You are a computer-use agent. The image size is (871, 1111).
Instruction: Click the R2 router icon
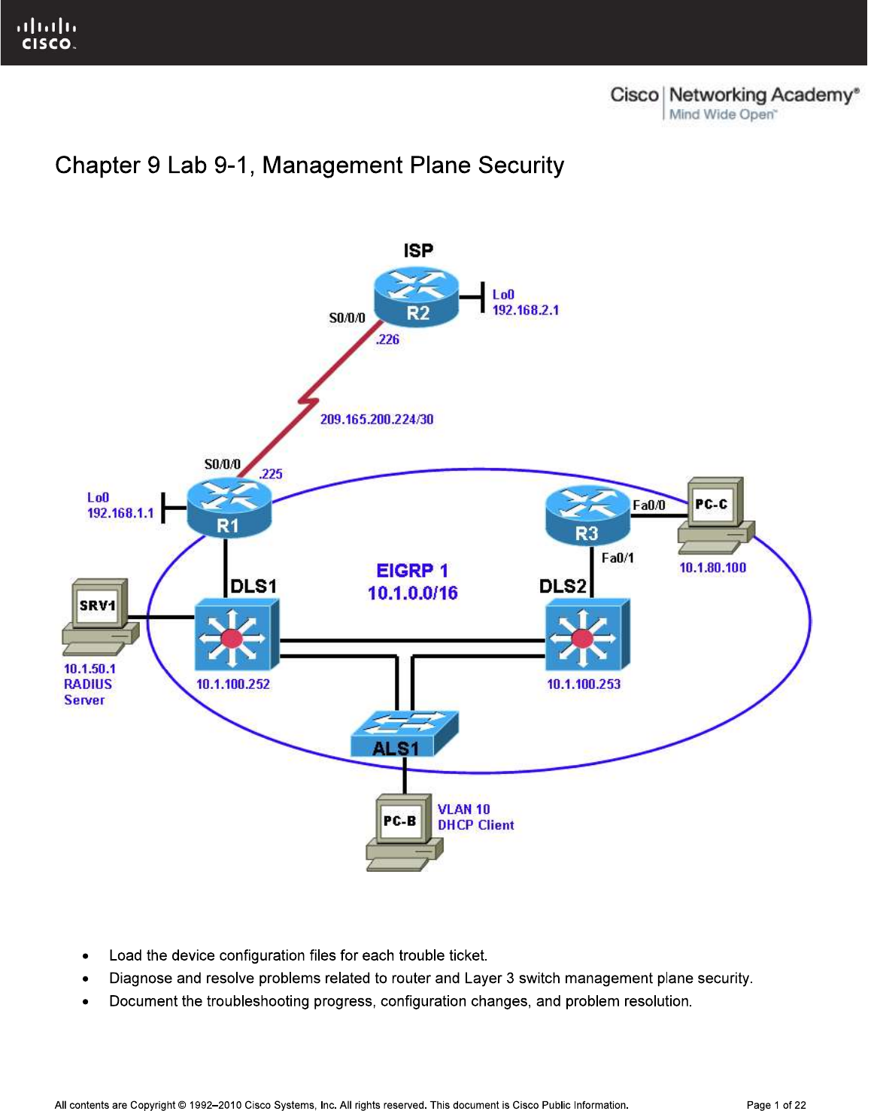point(417,297)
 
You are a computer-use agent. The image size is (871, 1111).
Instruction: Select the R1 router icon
point(229,509)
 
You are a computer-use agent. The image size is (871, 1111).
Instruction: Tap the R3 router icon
point(587,516)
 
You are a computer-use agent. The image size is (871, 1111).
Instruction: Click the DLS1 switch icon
point(236,635)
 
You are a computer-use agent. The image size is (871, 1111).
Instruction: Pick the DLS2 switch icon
point(587,635)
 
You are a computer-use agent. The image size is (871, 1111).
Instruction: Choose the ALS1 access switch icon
point(404,733)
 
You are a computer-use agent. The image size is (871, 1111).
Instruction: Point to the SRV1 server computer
point(100,616)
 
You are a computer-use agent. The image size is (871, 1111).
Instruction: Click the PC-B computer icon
point(403,832)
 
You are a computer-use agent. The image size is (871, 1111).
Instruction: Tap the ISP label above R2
point(418,250)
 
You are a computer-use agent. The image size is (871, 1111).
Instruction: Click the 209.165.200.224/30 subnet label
point(377,420)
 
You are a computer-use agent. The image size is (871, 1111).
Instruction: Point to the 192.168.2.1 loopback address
point(525,310)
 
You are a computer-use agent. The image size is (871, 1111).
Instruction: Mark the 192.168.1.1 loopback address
point(120,513)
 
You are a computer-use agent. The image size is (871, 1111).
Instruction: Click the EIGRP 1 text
point(412,571)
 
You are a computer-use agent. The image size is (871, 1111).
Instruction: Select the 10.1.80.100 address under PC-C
point(712,568)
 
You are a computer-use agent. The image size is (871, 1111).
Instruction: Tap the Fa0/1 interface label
point(617,557)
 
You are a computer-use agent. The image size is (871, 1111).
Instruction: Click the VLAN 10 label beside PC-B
point(463,809)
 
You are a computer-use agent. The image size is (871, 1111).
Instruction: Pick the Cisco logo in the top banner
point(47,35)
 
